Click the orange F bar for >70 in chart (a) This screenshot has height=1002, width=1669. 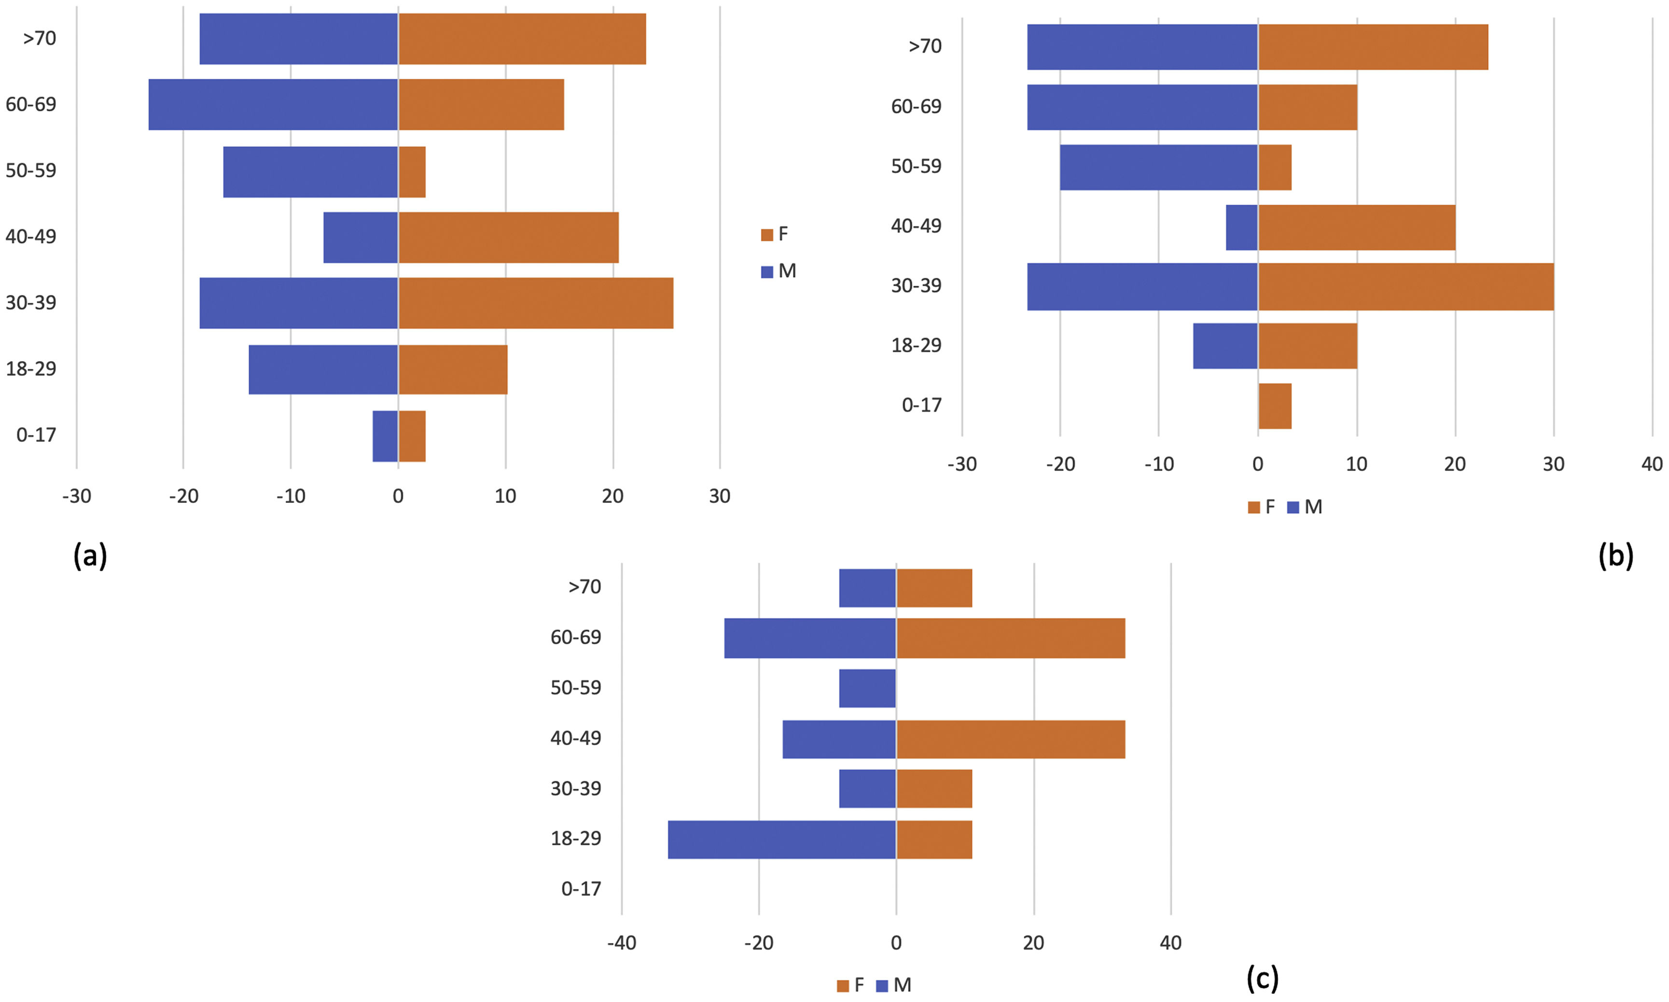521,39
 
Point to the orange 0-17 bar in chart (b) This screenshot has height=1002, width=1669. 1275,406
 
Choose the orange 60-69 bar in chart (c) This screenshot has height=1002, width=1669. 1010,638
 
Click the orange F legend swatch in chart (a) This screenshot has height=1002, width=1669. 766,235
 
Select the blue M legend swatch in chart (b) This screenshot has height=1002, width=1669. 1293,507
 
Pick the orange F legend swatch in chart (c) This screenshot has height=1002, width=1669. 843,986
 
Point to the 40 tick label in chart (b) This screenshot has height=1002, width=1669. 1652,464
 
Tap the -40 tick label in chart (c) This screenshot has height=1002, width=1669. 621,943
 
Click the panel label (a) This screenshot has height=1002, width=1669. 90,557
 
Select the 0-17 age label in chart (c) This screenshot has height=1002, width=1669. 581,889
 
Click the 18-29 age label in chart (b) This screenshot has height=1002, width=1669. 916,346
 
